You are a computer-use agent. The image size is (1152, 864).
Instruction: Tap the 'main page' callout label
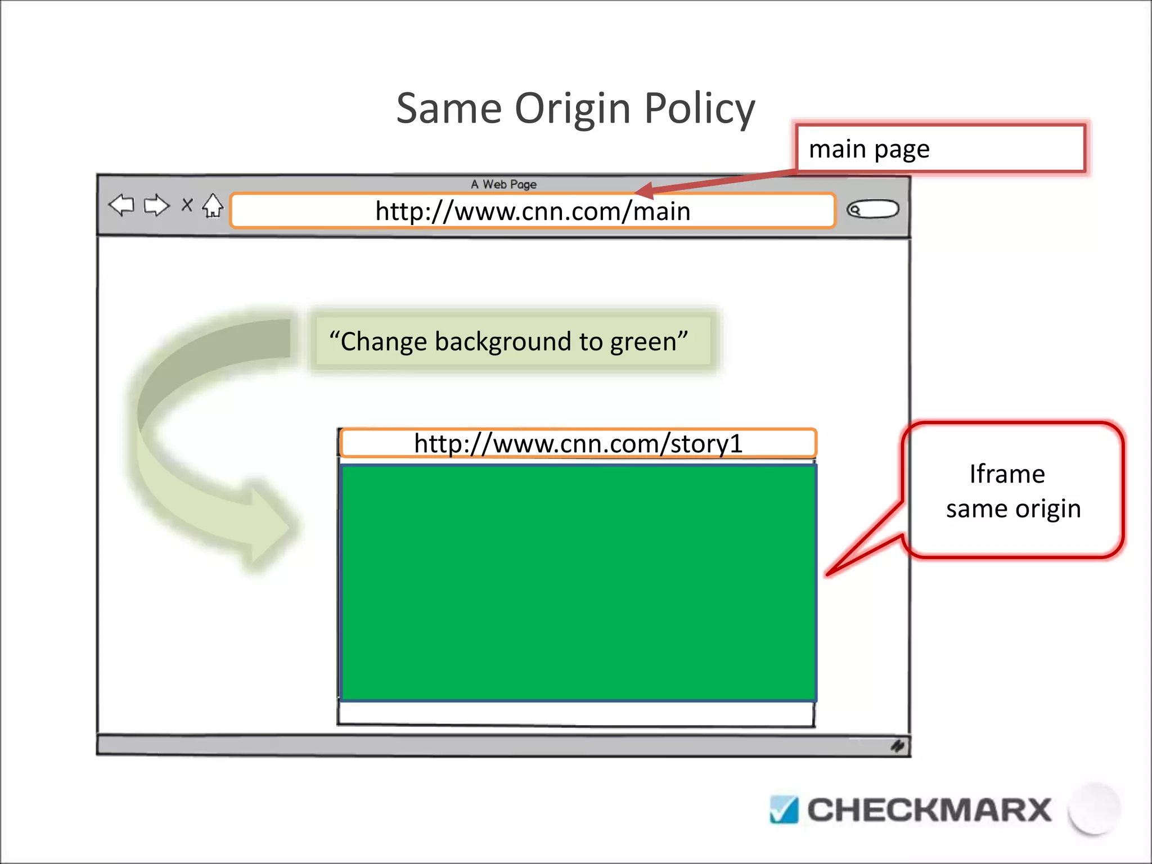[869, 149]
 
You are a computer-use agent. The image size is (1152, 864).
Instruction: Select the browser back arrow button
[121, 205]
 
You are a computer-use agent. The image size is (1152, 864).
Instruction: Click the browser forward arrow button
[156, 205]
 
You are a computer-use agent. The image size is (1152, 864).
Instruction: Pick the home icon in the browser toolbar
[213, 205]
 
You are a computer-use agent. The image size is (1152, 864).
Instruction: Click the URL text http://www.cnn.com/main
[533, 211]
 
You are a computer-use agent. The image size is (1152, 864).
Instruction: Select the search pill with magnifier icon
[872, 210]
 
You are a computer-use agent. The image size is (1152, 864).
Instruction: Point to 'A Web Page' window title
[503, 184]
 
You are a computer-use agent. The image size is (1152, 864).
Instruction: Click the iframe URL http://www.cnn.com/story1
[578, 443]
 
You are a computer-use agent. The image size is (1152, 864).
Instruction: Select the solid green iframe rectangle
[578, 582]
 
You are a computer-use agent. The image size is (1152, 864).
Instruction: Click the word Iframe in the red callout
[1007, 474]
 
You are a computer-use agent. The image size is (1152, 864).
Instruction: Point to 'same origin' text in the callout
[1013, 509]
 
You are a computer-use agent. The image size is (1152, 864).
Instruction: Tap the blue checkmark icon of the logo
[784, 810]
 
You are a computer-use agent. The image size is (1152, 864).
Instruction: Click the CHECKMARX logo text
[929, 810]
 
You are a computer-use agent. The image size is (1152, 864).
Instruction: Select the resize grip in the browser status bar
[897, 746]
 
